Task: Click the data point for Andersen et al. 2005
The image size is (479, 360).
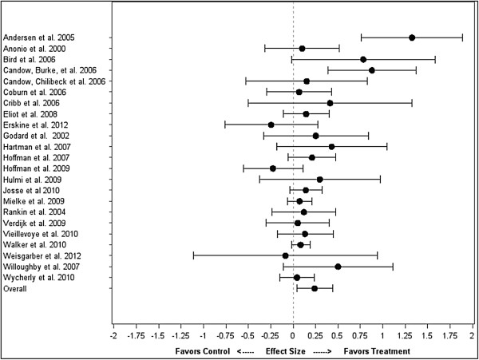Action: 412,38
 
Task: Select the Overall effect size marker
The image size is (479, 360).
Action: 315,288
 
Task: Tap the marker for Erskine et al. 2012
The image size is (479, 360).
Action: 271,125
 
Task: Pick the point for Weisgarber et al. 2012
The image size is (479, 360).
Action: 285,255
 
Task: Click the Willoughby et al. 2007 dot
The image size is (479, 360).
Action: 338,267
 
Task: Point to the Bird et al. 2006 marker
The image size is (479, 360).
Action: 363,60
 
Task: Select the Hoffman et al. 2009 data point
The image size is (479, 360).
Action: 273,168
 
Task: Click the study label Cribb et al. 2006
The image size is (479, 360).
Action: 31,103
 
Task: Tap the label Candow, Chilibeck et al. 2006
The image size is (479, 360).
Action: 54,81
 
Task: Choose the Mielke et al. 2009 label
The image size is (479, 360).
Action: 34,201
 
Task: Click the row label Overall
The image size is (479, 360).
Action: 14,288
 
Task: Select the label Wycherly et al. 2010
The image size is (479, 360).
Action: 38,278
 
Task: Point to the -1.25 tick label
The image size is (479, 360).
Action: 180,335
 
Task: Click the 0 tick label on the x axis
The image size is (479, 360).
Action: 293,335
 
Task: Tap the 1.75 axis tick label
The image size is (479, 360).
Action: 450,335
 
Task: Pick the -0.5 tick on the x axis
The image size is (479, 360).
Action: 248,335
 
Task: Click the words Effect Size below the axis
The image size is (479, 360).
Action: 285,351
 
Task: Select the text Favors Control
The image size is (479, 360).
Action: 202,351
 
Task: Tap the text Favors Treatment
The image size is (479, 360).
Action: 377,351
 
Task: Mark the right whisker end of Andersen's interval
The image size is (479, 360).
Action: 462,38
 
